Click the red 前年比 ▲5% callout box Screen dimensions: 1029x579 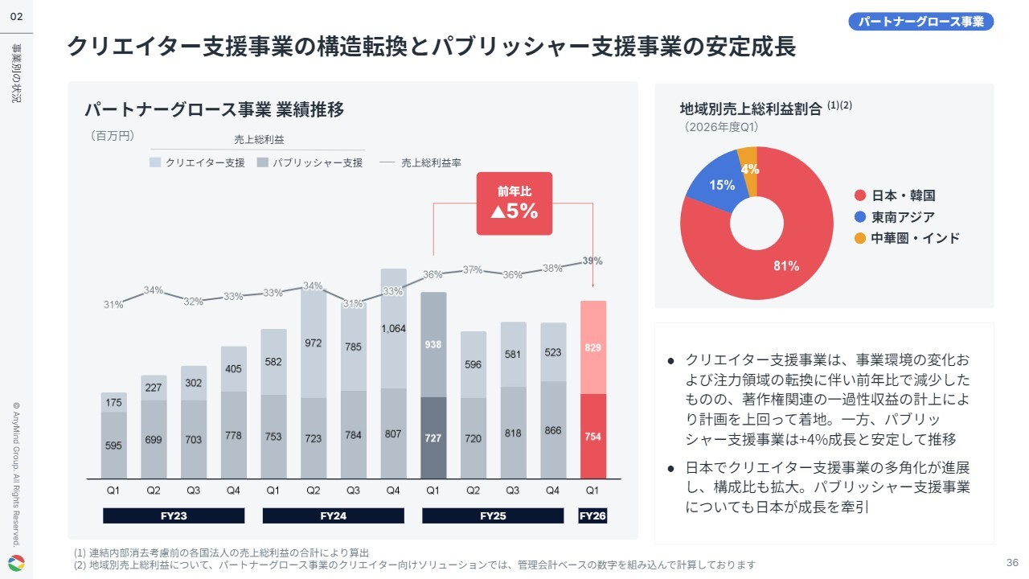[514, 203]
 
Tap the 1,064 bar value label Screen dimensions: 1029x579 [393, 329]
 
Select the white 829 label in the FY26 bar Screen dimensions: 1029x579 [592, 347]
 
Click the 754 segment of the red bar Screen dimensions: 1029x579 [593, 436]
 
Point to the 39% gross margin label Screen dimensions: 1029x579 [592, 261]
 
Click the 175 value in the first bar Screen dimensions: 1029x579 [113, 403]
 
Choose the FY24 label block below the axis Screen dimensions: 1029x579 [333, 515]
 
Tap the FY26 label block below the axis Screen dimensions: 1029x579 [592, 515]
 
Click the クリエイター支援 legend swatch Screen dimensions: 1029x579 [155, 162]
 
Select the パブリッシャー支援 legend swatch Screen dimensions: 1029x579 [263, 162]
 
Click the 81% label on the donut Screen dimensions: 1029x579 [786, 265]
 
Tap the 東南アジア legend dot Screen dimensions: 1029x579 [860, 217]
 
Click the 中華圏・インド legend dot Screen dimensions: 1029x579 [860, 238]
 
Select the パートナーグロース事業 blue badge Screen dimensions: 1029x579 [920, 22]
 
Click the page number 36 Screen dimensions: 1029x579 [1012, 562]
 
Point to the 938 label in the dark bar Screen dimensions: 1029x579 [433, 344]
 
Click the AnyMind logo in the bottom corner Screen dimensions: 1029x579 [17, 563]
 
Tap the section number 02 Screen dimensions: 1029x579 [16, 17]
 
